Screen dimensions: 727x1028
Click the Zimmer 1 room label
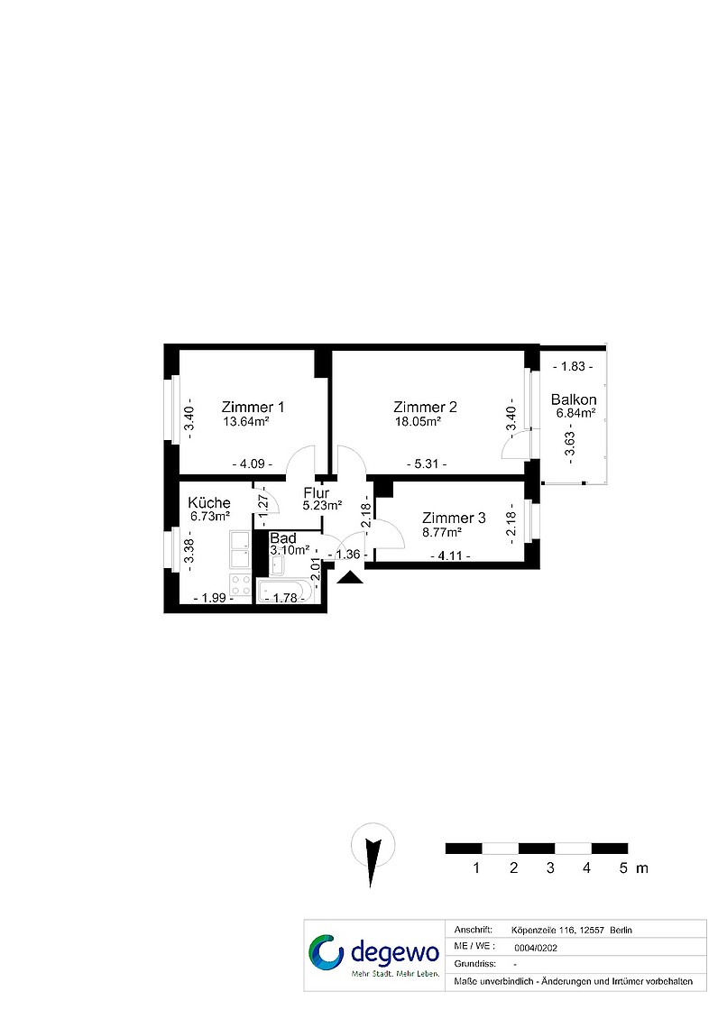(253, 407)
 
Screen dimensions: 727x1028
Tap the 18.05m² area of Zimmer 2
(418, 421)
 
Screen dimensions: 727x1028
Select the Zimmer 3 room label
(454, 518)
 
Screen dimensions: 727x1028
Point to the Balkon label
(574, 399)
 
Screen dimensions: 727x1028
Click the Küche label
(209, 503)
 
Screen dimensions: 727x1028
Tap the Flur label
(316, 492)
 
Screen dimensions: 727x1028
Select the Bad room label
(283, 538)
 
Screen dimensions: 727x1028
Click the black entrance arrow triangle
(351, 577)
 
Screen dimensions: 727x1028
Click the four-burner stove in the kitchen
(241, 585)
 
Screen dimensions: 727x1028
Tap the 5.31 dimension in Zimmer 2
(427, 464)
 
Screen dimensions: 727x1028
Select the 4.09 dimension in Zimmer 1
(253, 464)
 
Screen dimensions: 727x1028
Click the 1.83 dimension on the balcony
(573, 366)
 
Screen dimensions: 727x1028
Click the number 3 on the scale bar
(550, 868)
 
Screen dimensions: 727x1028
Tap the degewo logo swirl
(326, 952)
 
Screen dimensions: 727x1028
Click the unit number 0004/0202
(536, 948)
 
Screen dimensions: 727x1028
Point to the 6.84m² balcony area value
(575, 413)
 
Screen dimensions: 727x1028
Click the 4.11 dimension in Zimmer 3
(450, 556)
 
